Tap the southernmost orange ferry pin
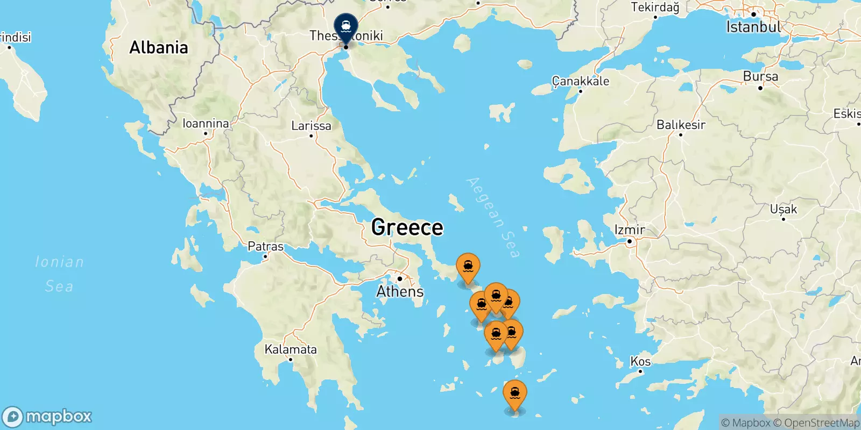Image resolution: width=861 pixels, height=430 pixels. click(x=515, y=394)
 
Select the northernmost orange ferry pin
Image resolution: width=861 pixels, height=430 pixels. click(x=468, y=267)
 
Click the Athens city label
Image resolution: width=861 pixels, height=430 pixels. click(x=400, y=291)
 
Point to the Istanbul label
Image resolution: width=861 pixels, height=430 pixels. click(x=753, y=27)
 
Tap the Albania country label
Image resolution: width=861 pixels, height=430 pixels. click(x=159, y=47)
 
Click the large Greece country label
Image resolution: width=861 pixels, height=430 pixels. click(x=407, y=227)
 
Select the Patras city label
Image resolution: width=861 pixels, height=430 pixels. click(x=265, y=247)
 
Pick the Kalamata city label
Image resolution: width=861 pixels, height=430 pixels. click(x=291, y=349)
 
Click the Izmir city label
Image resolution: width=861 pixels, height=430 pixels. click(x=630, y=230)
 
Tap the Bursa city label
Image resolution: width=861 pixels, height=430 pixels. click(x=760, y=76)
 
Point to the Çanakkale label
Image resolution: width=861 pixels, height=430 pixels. click(x=581, y=81)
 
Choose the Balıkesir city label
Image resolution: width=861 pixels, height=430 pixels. click(x=681, y=125)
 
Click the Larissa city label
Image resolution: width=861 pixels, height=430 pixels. click(x=311, y=126)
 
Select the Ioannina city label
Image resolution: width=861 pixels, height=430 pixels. click(x=206, y=124)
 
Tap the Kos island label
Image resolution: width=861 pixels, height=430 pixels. click(x=640, y=361)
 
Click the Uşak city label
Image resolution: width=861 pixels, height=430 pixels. click(x=784, y=209)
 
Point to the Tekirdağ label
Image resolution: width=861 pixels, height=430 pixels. click(x=655, y=7)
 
